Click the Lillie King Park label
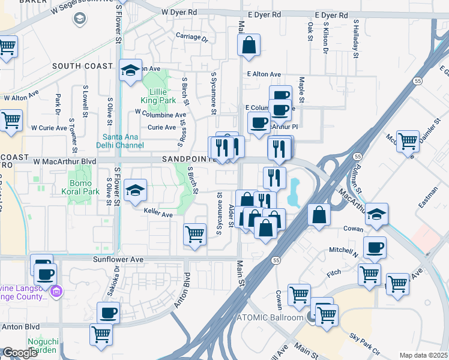point(158,97)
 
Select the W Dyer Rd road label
point(179,12)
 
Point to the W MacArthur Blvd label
point(65,161)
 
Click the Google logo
point(20,353)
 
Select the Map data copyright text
point(423,355)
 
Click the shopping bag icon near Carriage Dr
point(249,45)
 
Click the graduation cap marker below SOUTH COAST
point(130,70)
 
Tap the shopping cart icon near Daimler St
point(408,142)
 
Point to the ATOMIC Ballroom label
point(271,317)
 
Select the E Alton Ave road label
point(264,74)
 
